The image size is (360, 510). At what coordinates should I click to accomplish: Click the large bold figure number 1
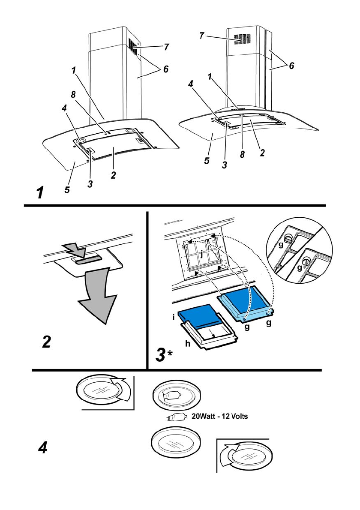click(x=40, y=192)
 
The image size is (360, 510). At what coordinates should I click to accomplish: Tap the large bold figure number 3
click(x=160, y=355)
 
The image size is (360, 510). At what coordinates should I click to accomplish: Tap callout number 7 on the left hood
click(x=166, y=48)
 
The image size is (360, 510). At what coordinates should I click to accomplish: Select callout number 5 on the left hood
click(x=67, y=190)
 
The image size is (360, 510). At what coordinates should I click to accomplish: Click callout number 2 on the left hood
click(x=113, y=175)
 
